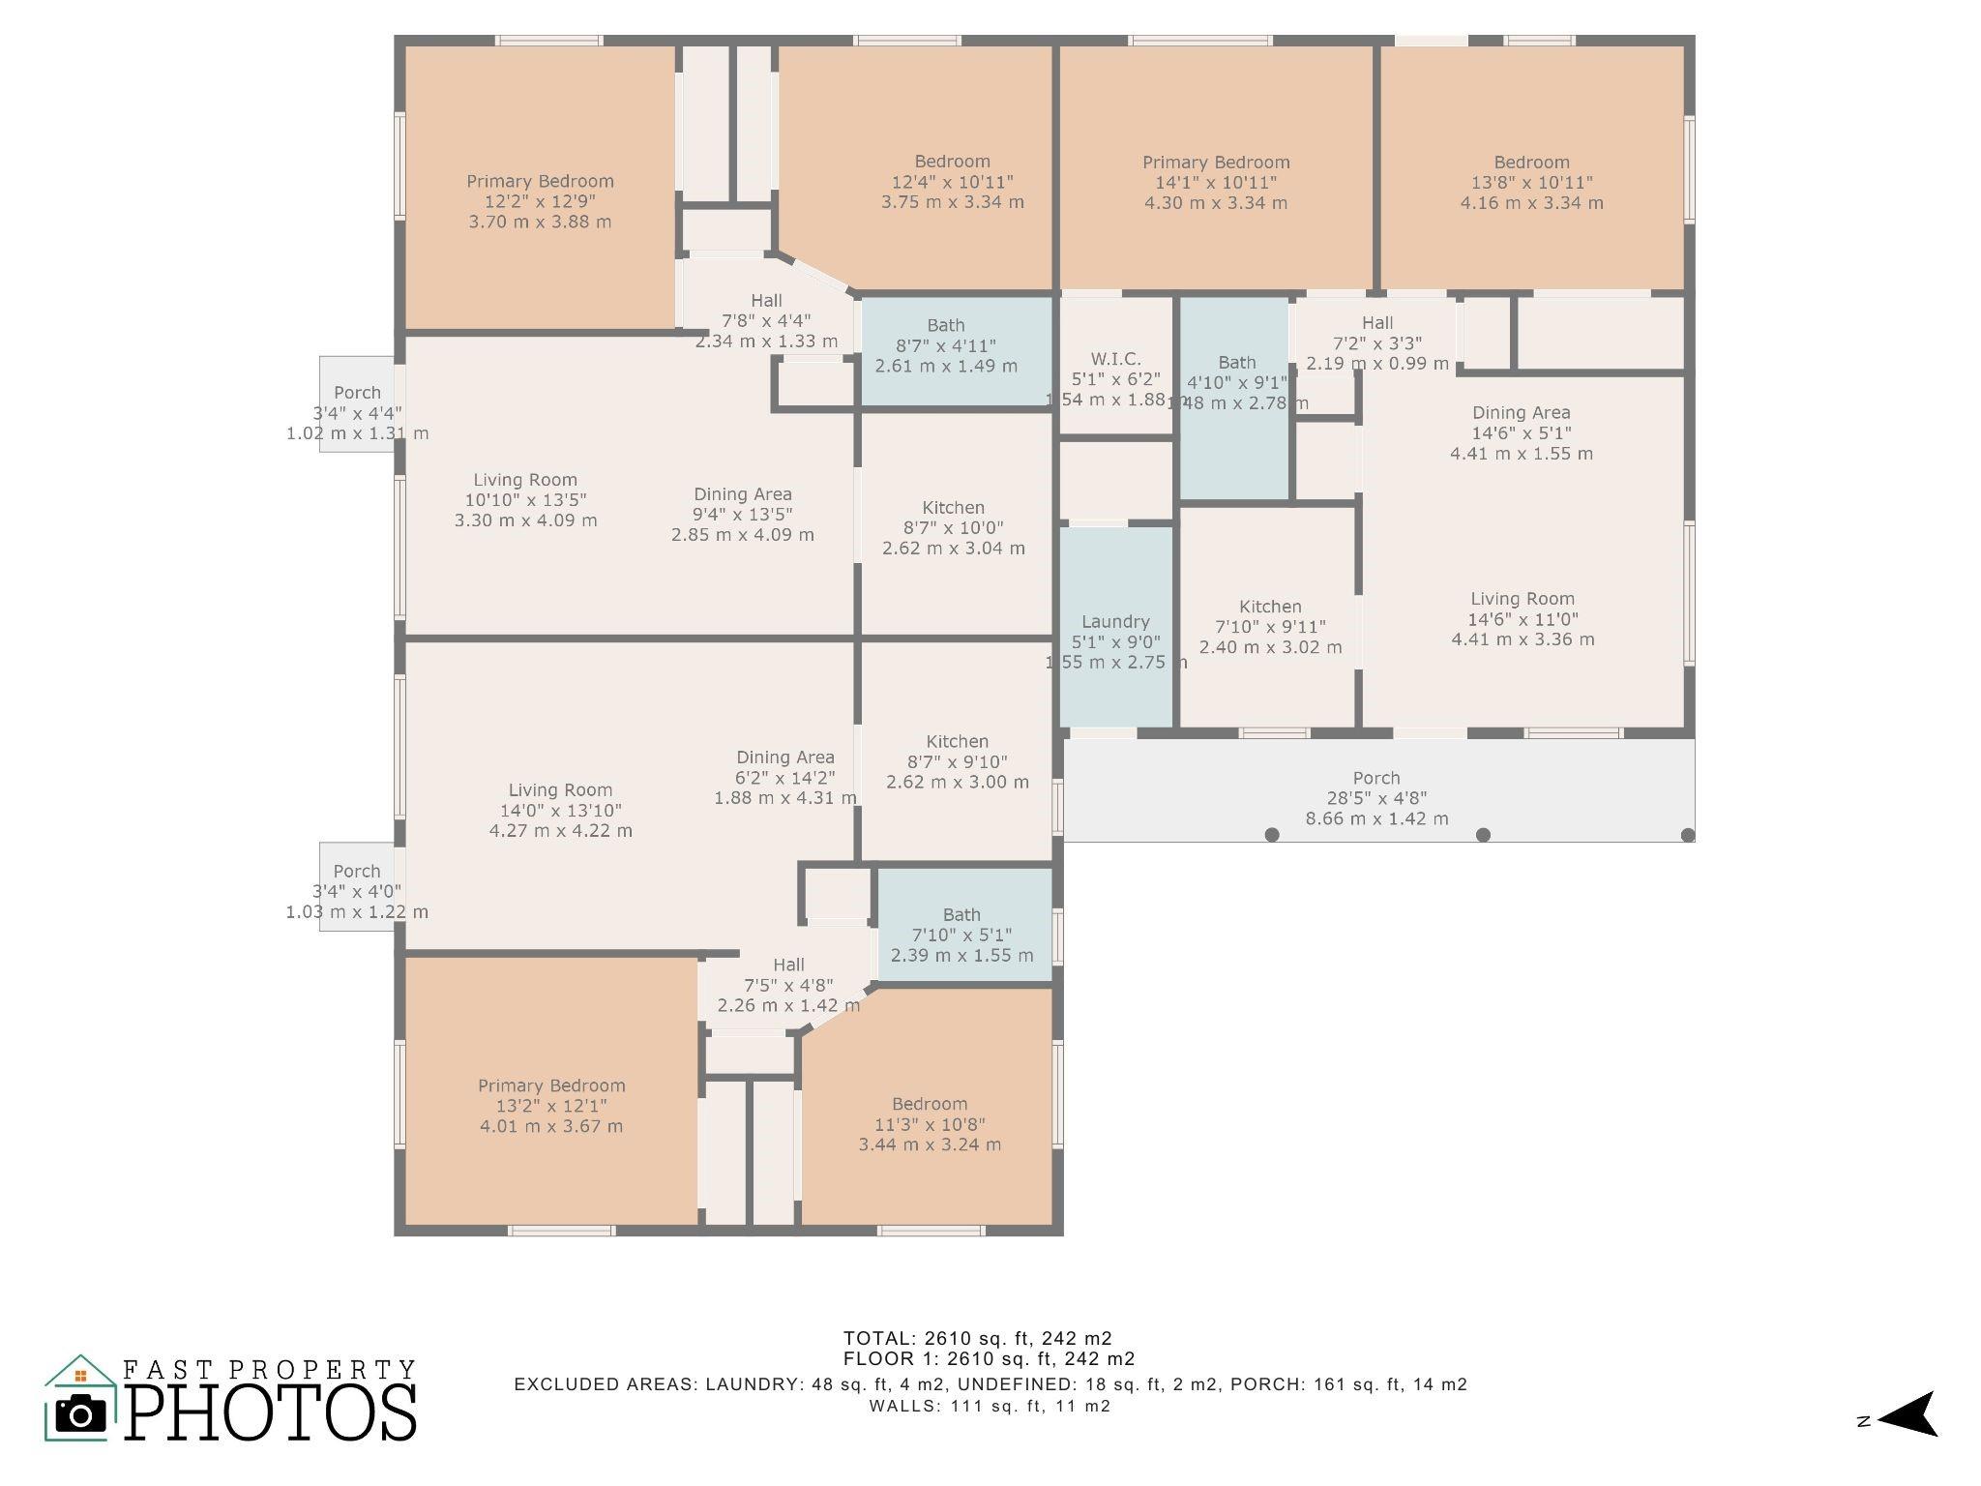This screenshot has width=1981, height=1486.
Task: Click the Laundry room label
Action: (x=1115, y=622)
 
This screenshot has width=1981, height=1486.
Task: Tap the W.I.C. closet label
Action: (x=1115, y=359)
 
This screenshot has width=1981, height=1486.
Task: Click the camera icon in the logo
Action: (x=81, y=1415)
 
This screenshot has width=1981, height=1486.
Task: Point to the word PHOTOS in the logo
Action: (x=271, y=1412)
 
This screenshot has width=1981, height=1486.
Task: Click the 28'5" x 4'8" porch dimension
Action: (x=1376, y=798)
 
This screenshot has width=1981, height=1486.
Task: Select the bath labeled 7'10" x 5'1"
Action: (x=961, y=935)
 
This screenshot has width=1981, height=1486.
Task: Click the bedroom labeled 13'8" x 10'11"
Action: (x=1531, y=182)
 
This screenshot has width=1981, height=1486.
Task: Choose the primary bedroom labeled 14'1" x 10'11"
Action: (x=1216, y=182)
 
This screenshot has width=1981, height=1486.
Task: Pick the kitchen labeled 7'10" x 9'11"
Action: (x=1270, y=627)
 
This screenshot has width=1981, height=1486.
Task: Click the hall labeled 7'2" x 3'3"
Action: (x=1377, y=342)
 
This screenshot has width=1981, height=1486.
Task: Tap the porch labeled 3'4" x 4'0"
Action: (x=357, y=891)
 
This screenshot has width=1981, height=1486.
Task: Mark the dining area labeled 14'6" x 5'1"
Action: (x=1521, y=432)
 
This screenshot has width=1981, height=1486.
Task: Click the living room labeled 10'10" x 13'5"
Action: (x=525, y=499)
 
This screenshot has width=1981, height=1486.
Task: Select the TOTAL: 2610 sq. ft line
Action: (x=977, y=1338)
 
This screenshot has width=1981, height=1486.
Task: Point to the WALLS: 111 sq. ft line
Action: (x=990, y=1406)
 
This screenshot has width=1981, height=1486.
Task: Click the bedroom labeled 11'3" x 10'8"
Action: (x=930, y=1124)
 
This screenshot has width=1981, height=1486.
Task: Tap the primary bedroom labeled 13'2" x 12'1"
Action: (x=551, y=1106)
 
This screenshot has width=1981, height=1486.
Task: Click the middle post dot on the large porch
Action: (x=1483, y=835)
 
